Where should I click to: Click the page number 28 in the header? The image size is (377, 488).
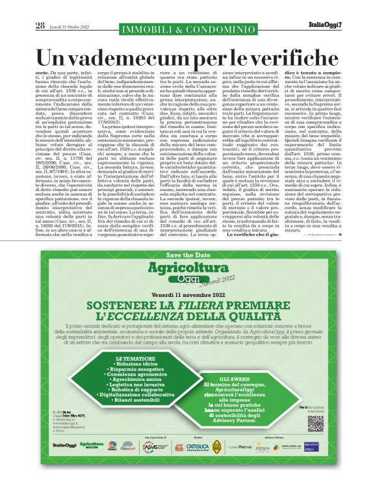pos(40,25)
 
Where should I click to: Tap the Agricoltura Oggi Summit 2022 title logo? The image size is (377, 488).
pos(188,272)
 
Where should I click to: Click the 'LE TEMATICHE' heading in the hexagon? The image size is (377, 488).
pos(135,358)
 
